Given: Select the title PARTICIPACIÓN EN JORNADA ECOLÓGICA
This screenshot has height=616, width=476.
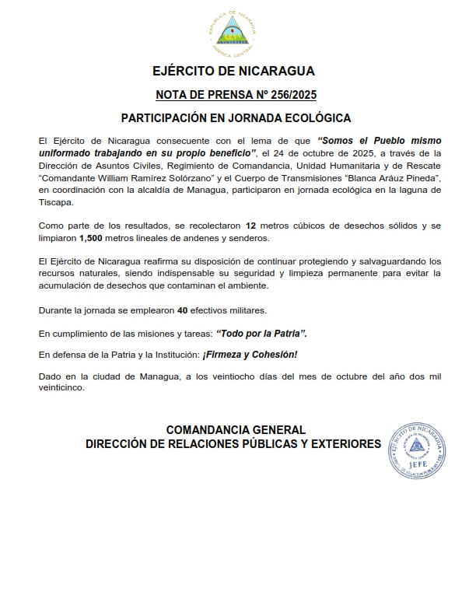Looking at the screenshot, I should (236, 118).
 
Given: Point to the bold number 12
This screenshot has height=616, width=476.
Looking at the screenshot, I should (252, 225).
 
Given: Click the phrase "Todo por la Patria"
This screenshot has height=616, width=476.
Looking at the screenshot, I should (261, 333).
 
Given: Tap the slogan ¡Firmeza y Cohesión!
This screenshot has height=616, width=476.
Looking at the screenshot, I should (250, 355).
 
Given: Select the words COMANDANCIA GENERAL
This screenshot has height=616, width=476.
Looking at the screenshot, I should (236, 430).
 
